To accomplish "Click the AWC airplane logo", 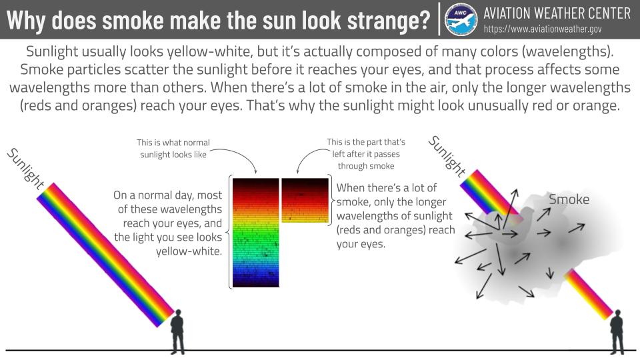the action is pyautogui.click(x=461, y=19).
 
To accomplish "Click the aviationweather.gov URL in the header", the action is pyautogui.click(x=543, y=29).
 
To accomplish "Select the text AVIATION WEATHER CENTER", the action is pyautogui.click(x=557, y=13).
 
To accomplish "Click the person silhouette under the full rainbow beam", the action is pyautogui.click(x=177, y=331).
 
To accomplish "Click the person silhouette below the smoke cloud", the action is pyautogui.click(x=617, y=332).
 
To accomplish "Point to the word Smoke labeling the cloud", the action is pyautogui.click(x=569, y=199).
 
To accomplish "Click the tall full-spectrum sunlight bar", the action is pyautogui.click(x=256, y=232).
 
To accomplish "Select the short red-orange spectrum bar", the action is pyautogui.click(x=305, y=200).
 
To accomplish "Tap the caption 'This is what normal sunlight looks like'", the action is pyautogui.click(x=173, y=148).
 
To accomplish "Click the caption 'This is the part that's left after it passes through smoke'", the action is pyautogui.click(x=366, y=154).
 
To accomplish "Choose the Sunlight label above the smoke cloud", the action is pyautogui.click(x=447, y=156).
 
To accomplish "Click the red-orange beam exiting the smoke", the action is pyautogui.click(x=588, y=294).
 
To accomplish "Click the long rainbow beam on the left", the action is pyautogui.click(x=105, y=255).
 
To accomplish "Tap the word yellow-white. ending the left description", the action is pyautogui.click(x=189, y=251).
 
